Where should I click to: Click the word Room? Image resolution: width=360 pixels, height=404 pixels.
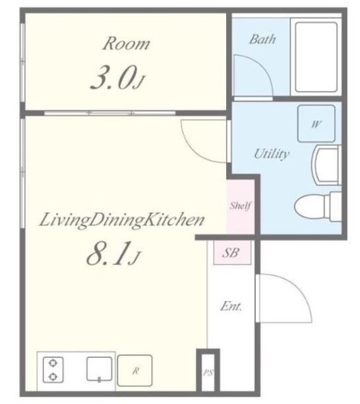point(126,44)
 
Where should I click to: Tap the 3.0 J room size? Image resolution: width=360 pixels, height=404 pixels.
point(118,77)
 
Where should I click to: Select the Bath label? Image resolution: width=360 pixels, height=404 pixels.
point(262,39)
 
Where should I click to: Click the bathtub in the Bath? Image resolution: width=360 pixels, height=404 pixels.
point(316,57)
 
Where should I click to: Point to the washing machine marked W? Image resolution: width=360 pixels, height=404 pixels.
point(316,124)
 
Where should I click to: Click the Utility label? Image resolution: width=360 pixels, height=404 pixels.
point(272,154)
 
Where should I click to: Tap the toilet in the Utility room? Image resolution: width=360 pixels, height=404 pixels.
point(318,206)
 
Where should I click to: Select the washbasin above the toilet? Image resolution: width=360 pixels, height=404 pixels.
point(327,165)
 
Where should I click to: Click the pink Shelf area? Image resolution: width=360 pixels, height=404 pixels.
point(241,207)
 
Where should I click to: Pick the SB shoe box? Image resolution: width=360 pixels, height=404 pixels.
point(232,252)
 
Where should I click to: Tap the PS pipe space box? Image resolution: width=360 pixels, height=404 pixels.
point(208,372)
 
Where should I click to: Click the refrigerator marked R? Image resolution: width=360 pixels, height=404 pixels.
point(135,371)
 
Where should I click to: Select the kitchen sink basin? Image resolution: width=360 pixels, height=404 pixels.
point(99,369)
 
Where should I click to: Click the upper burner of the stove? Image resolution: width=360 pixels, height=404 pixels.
point(53,364)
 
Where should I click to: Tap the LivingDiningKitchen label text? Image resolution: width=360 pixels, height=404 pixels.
point(121,220)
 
